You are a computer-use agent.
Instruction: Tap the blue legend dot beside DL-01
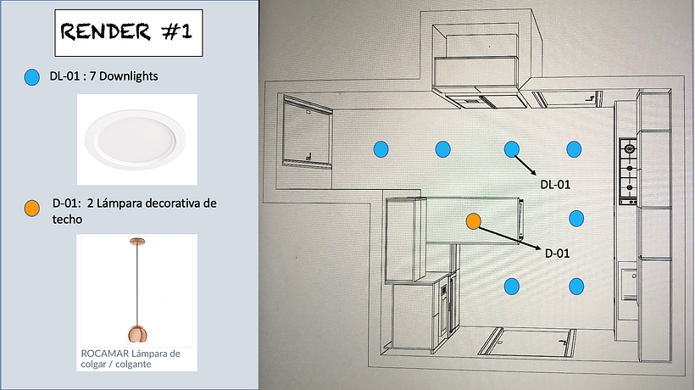tap(32, 77)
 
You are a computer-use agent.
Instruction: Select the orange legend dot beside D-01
tap(32, 208)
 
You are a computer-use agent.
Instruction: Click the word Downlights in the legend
tap(128, 77)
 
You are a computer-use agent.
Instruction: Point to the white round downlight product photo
tap(137, 139)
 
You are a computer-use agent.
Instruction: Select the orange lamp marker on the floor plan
tap(474, 221)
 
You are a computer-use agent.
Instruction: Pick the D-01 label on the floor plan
tap(557, 252)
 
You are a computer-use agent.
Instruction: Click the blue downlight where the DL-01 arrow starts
tap(511, 149)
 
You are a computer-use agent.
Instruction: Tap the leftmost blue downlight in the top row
tap(381, 149)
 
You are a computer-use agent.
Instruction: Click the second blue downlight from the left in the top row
tap(442, 149)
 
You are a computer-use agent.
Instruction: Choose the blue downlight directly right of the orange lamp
tap(576, 218)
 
